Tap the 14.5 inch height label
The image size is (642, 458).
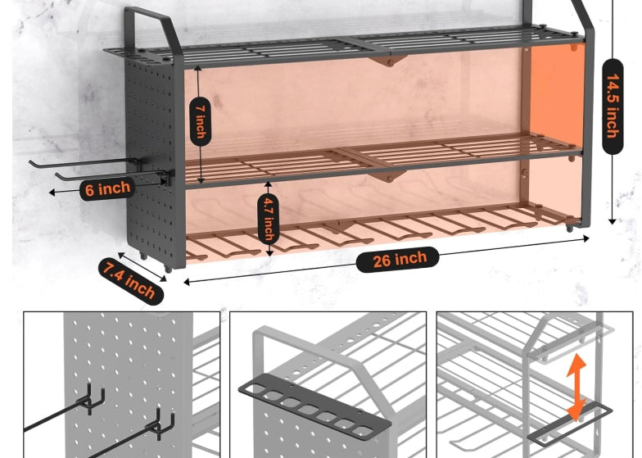(613, 107)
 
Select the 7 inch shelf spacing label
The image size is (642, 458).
(201, 121)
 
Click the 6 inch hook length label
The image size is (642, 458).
(107, 189)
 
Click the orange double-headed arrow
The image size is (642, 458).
(576, 388)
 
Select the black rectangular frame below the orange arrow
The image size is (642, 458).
(569, 425)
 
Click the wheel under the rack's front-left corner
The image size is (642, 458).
(167, 269)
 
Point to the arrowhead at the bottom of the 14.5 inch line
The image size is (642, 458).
(613, 221)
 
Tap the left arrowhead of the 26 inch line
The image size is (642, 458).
(187, 282)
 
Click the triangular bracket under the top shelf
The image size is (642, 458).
(387, 61)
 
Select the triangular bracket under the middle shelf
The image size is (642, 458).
(387, 176)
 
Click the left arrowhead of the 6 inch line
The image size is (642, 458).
(52, 192)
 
